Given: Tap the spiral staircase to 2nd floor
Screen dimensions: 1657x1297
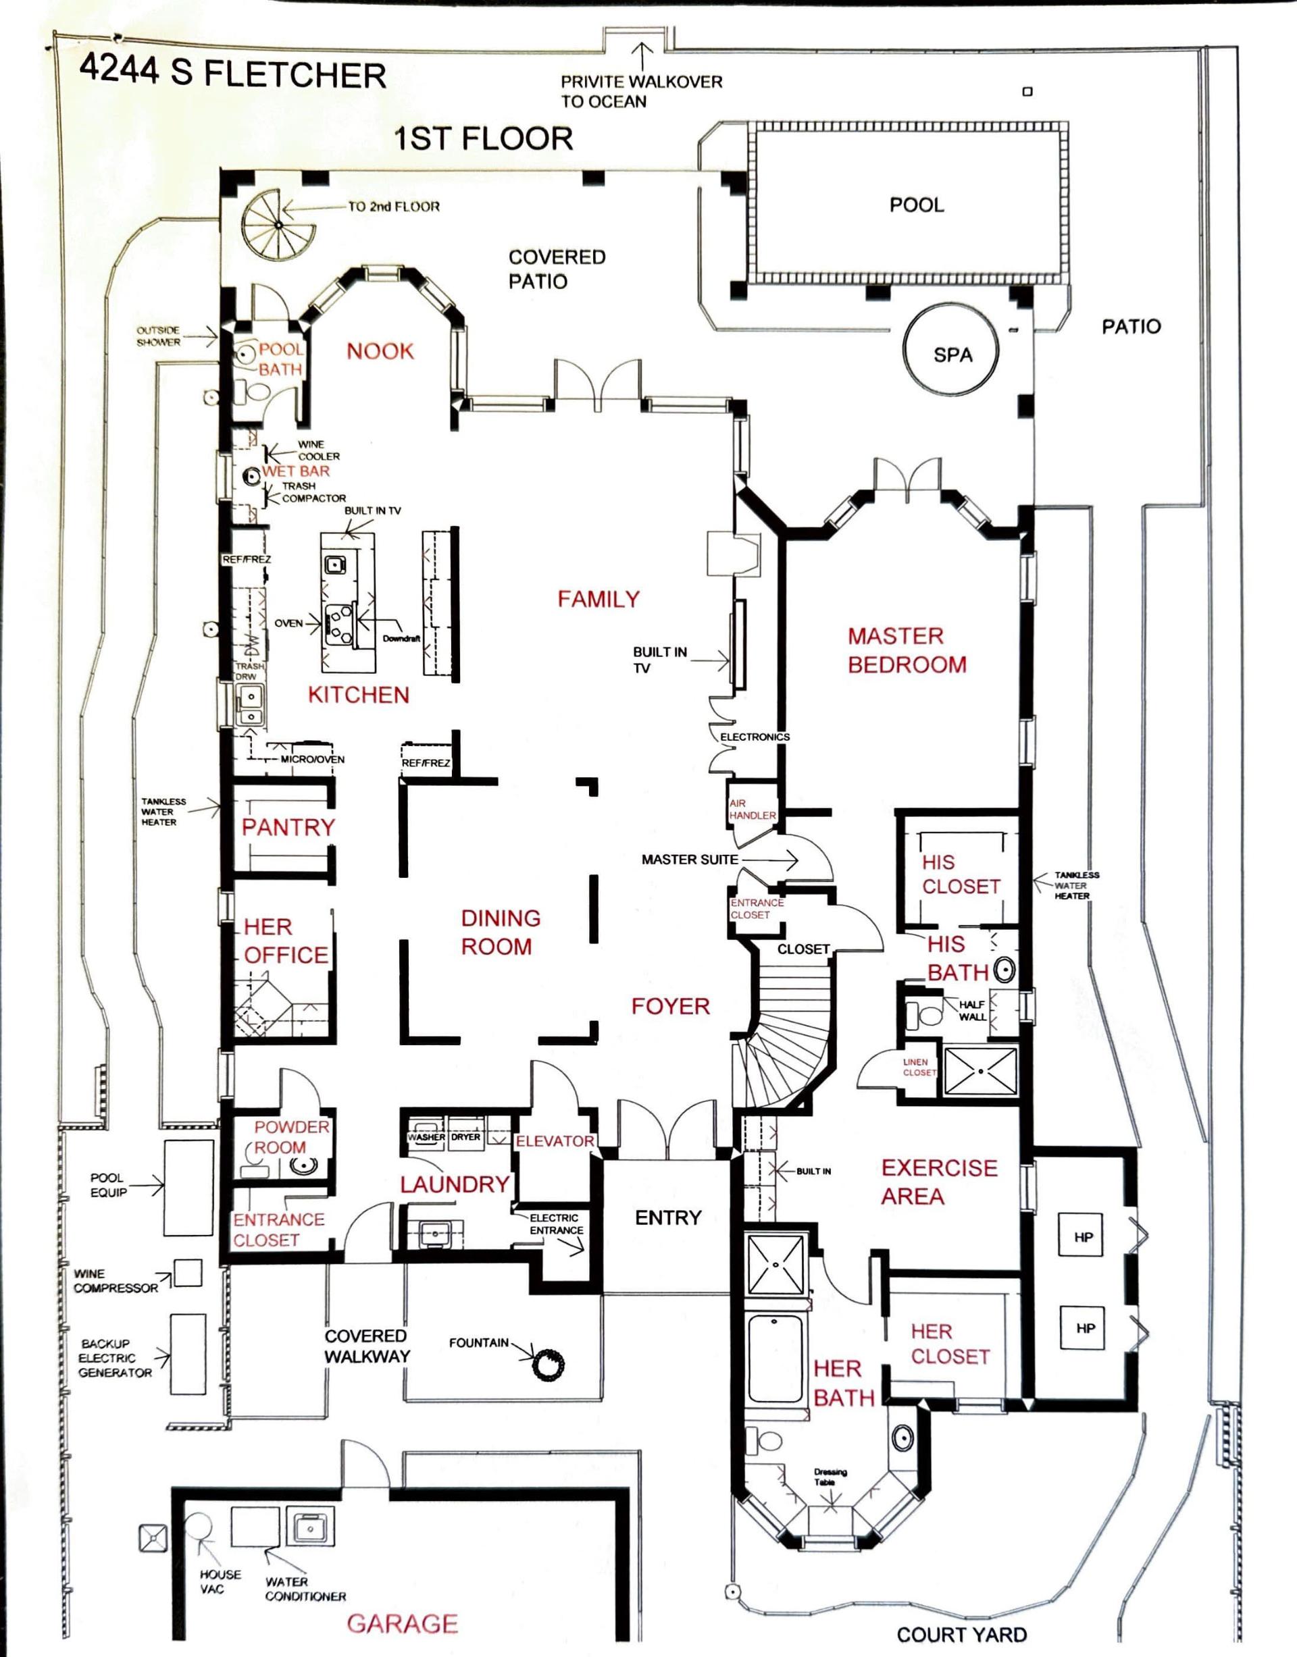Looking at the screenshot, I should coord(279,225).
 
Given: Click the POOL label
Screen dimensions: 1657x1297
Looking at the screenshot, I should coord(917,205).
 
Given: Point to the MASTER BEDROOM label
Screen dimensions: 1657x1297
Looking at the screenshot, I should coord(907,650).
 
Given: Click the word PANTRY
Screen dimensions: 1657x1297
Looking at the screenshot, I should coord(288,827).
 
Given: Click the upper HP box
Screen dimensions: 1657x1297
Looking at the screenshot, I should coord(1084,1236).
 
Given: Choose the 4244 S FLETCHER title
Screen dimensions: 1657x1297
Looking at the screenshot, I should coord(232,73).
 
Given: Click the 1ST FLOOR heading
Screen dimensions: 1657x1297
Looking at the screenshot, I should coord(484,139).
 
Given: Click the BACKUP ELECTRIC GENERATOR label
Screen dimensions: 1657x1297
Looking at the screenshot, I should coord(116,1358).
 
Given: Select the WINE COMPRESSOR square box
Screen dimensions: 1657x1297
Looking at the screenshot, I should coord(188,1273).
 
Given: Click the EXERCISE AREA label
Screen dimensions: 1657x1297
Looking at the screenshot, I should coord(938,1181).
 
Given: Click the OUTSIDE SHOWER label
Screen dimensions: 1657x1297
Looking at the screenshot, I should coord(158,336).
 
